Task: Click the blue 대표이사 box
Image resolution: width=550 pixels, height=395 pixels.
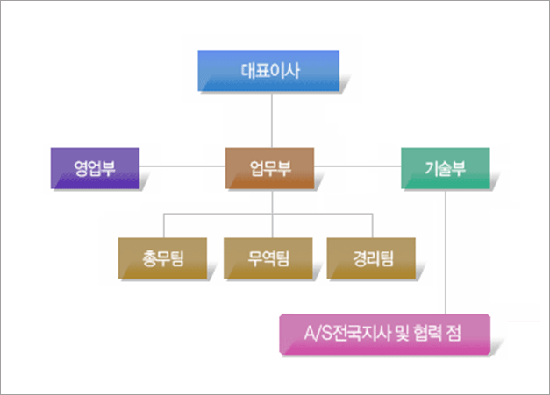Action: pos(268,71)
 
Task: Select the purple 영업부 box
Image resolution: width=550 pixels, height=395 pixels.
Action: pos(95,168)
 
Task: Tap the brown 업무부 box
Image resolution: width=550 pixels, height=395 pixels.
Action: pos(270,168)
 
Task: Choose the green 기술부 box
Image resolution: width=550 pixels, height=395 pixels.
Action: pos(446,168)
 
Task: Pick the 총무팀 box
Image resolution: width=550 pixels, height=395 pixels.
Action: pos(162,258)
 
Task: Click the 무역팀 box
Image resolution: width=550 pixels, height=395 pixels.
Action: pos(268,258)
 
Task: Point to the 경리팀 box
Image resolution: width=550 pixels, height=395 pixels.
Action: pos(371,258)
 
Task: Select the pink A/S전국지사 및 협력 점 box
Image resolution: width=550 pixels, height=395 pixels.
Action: pos(385,334)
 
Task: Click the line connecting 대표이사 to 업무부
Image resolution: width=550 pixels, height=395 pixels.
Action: pos(272,119)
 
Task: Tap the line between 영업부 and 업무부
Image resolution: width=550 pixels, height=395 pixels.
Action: pos(182,166)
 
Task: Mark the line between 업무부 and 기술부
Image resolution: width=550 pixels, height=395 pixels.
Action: pos(357,166)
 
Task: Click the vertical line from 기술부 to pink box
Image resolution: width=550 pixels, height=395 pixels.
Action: pos(446,251)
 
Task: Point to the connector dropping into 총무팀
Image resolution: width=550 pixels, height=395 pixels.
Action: pos(164,225)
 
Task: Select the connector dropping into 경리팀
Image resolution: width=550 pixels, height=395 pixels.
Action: pos(373,225)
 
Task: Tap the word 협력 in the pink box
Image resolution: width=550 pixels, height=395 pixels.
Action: pos(427,333)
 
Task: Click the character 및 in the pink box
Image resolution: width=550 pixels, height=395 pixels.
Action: pos(402,333)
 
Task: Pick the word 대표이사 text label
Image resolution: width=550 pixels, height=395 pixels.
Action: pos(270,71)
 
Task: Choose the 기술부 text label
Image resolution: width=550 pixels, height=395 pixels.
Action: pos(445,168)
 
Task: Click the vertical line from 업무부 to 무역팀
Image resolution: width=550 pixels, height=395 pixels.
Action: pos(272,213)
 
